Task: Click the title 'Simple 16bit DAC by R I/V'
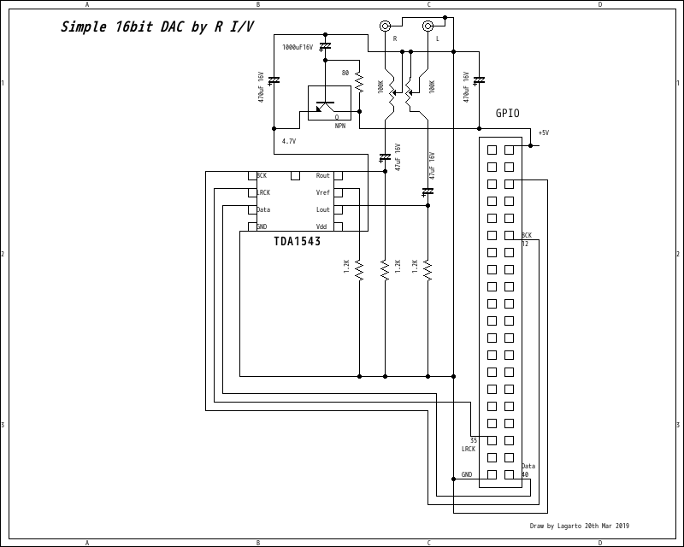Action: [157, 27]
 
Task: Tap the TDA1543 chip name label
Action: [298, 241]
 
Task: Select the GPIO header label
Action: [507, 114]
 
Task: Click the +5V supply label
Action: [543, 132]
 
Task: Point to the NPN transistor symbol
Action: [326, 106]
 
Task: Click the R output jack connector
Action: [386, 26]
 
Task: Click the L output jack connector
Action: [428, 26]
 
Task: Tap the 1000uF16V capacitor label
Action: [298, 48]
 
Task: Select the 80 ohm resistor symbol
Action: [359, 82]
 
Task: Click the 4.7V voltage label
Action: [288, 141]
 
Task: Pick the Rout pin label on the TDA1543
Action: [322, 176]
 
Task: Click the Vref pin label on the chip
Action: [322, 192]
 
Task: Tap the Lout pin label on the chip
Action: [322, 209]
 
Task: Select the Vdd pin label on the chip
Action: [321, 226]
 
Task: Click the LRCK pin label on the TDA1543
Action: [263, 192]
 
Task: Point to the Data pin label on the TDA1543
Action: [263, 209]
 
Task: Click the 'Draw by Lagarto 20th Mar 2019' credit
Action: [579, 526]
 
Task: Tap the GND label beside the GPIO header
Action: [467, 474]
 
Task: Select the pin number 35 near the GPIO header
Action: [474, 440]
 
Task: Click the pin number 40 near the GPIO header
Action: [525, 474]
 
